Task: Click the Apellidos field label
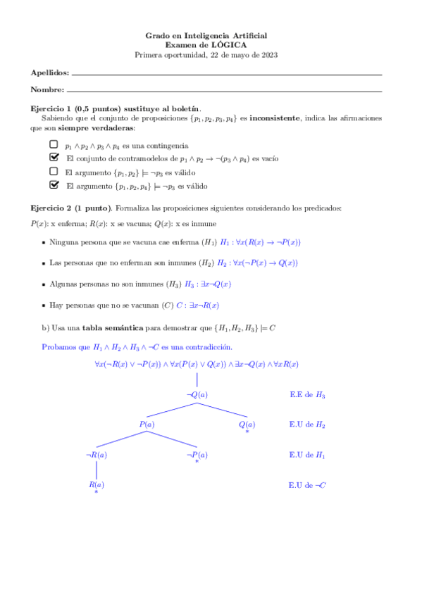[x=50, y=73]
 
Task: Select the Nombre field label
[x=47, y=89]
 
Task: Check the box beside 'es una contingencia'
[x=54, y=144]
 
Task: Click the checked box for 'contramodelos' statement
[x=54, y=158]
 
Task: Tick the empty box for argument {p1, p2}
[x=54, y=171]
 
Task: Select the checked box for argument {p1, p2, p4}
[x=54, y=185]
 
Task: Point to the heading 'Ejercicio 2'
[x=54, y=209]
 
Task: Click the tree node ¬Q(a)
[x=197, y=395]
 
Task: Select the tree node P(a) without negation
[x=147, y=425]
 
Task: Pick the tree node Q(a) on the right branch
[x=247, y=425]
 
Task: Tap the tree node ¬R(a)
[x=97, y=455]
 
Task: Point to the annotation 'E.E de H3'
[x=307, y=395]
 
